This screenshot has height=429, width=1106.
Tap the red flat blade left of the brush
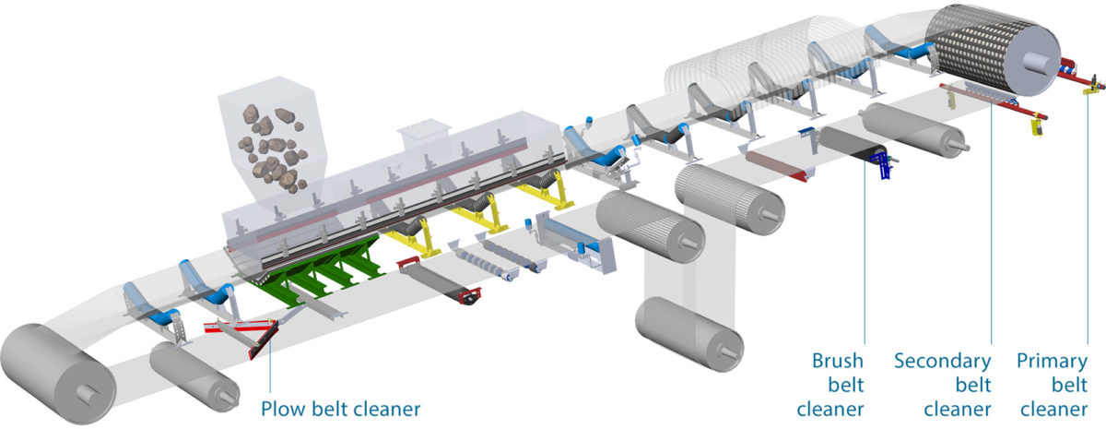point(775,165)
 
